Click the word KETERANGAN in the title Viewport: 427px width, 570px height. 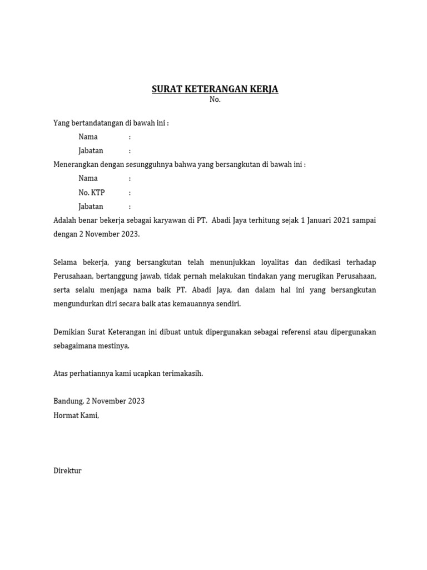pyautogui.click(x=216, y=89)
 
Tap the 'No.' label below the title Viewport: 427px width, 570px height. pyautogui.click(x=215, y=100)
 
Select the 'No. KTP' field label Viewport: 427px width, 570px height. pyautogui.click(x=92, y=193)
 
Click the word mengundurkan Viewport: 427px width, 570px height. pyautogui.click(x=77, y=304)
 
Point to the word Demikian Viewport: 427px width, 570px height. pyautogui.click(x=69, y=332)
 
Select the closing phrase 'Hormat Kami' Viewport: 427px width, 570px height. pyautogui.click(x=76, y=415)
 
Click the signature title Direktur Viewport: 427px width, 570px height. pyautogui.click(x=67, y=471)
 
